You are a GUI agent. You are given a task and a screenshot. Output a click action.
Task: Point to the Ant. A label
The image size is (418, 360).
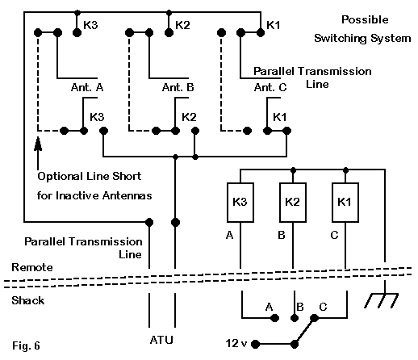click(x=87, y=87)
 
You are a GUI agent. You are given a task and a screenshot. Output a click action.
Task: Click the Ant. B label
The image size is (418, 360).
click(x=178, y=87)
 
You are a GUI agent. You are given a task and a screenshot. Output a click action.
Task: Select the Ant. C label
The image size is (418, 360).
click(x=270, y=87)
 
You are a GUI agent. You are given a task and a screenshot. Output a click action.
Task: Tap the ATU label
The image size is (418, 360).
click(x=161, y=340)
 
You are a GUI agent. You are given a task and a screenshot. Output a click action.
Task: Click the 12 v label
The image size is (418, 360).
click(x=236, y=343)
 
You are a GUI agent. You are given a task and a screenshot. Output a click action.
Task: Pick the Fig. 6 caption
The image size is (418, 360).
click(x=26, y=345)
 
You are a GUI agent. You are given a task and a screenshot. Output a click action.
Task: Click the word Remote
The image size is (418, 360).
click(x=32, y=267)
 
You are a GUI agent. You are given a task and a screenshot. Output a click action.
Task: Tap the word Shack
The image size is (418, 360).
click(x=27, y=300)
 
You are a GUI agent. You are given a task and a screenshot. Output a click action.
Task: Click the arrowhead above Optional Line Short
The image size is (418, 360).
click(x=38, y=144)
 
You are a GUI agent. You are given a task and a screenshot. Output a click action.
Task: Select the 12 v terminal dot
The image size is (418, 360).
click(x=255, y=344)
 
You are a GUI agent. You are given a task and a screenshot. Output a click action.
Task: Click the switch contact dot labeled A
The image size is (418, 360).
click(x=274, y=318)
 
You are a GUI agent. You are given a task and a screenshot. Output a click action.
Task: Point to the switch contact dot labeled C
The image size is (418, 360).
click(x=314, y=318)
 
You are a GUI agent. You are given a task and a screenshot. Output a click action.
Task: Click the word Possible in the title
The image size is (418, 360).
click(x=365, y=20)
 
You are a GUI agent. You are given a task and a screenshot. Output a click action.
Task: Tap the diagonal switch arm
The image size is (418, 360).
click(x=304, y=331)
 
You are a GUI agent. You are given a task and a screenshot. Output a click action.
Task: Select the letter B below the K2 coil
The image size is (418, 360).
click(x=282, y=235)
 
